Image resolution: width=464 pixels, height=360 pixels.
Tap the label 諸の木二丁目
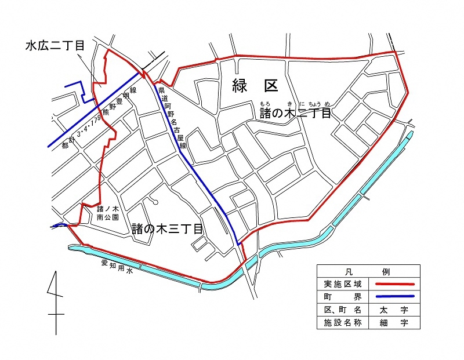[295, 113]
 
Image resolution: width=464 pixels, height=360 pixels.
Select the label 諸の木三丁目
[167, 229]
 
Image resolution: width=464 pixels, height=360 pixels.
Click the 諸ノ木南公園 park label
[107, 213]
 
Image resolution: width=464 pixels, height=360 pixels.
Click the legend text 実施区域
[343, 285]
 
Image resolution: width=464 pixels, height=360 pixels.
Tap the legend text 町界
[343, 297]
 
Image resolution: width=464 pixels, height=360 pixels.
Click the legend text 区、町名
[343, 310]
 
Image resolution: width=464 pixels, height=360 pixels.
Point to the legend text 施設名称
[343, 323]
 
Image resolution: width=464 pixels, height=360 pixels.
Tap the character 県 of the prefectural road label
[162, 90]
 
